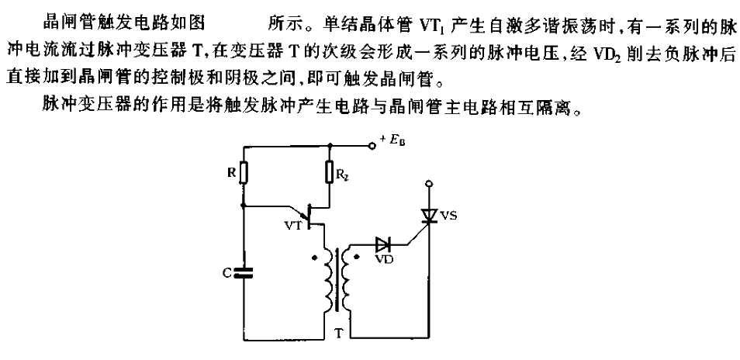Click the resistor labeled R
pos(244,173)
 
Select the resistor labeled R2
pos(330,173)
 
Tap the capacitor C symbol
pos(244,272)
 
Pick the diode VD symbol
pos(382,245)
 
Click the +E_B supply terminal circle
pos(372,147)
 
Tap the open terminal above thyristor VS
pos(428,183)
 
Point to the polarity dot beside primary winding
pos(314,258)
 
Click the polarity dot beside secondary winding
pos(358,258)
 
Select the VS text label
pos(448,217)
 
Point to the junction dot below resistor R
pos(244,206)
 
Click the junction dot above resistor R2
pos(330,147)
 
